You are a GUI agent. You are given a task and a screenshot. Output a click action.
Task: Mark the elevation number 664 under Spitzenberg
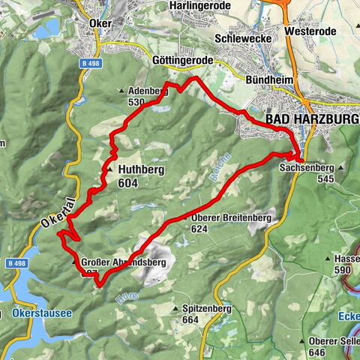point(189,320)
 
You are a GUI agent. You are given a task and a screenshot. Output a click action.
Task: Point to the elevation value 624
point(199,229)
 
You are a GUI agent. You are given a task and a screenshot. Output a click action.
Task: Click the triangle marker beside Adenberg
point(122,91)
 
